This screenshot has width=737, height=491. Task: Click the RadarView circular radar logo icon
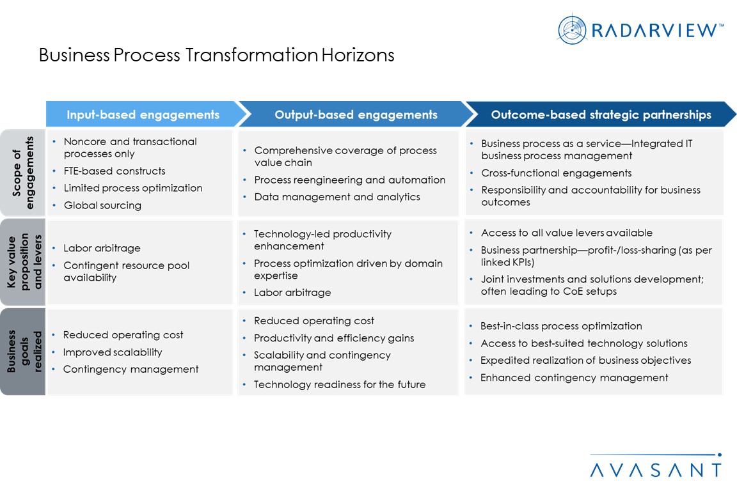point(572,30)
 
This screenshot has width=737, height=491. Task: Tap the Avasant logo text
point(656,470)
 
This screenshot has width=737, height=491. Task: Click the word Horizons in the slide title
point(358,55)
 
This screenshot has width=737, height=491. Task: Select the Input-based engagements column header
point(143,114)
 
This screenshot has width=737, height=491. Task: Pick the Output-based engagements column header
point(356,114)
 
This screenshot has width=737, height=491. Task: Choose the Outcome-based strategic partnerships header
point(601,114)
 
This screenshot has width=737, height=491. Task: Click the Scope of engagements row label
point(23,173)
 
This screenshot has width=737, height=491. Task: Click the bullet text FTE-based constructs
point(115,171)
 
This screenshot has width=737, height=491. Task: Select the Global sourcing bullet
point(102,205)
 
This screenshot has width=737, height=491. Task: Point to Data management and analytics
point(337,197)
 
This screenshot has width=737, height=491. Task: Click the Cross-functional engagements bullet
point(556,173)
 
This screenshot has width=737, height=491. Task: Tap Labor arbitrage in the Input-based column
point(102,248)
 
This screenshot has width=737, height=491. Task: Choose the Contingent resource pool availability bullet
point(127,272)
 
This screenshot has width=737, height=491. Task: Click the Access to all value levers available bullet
point(566,233)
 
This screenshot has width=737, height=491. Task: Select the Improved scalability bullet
point(113,352)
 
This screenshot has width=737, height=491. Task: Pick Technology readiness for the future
point(339,384)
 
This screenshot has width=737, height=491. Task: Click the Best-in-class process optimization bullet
point(560,326)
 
